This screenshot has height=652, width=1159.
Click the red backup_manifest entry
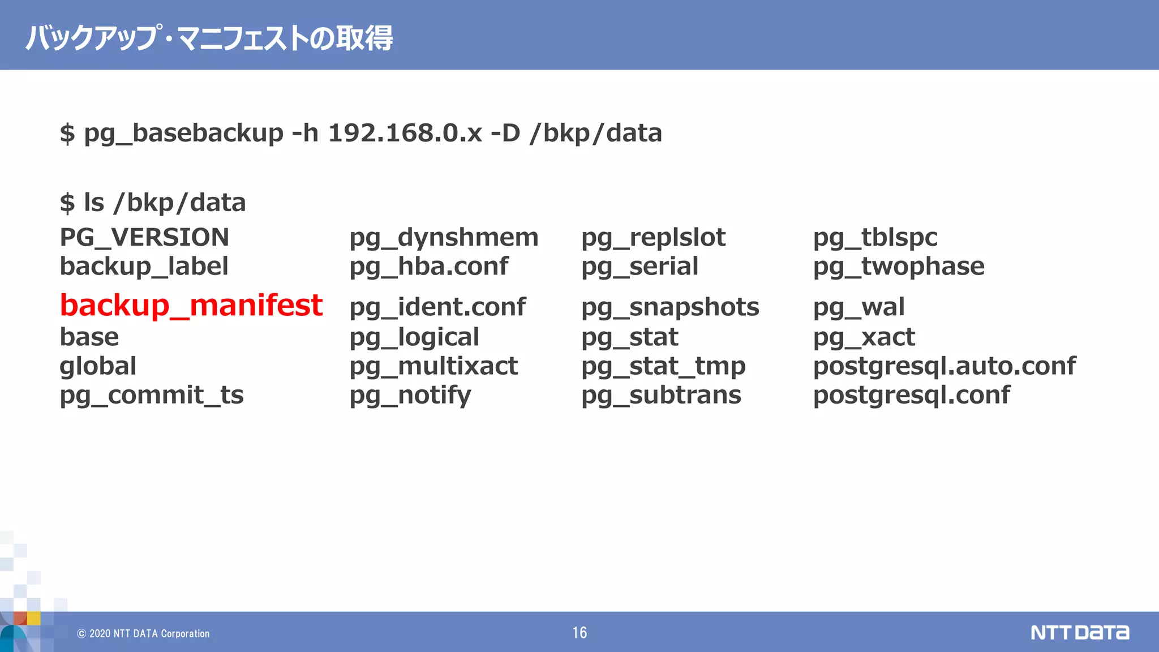pyautogui.click(x=191, y=306)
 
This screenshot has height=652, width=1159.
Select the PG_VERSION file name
pyautogui.click(x=144, y=237)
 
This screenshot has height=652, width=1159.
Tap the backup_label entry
pyautogui.click(x=144, y=267)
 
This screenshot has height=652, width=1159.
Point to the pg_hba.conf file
pyautogui.click(x=428, y=267)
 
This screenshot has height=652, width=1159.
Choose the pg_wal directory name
pyautogui.click(x=858, y=307)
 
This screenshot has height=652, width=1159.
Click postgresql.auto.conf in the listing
pyautogui.click(x=944, y=366)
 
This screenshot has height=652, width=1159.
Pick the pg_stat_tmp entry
pyautogui.click(x=663, y=366)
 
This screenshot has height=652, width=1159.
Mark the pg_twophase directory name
pyautogui.click(x=899, y=267)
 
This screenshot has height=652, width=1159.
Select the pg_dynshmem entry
pyautogui.click(x=444, y=238)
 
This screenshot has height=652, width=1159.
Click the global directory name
pyautogui.click(x=98, y=366)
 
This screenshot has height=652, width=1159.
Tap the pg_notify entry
pyautogui.click(x=410, y=395)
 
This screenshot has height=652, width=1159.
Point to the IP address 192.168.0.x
pyautogui.click(x=405, y=134)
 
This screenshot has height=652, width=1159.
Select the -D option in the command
pyautogui.click(x=505, y=134)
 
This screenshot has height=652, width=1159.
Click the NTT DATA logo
pyautogui.click(x=1079, y=632)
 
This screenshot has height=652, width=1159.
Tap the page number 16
pyautogui.click(x=579, y=632)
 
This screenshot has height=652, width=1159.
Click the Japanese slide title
pyautogui.click(x=209, y=38)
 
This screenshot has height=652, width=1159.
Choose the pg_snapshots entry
pyautogui.click(x=670, y=307)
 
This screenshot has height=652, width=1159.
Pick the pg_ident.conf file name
pyautogui.click(x=437, y=307)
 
